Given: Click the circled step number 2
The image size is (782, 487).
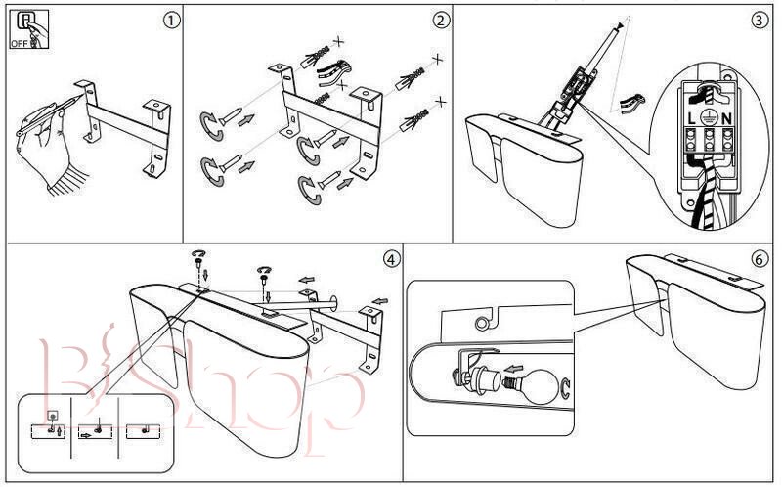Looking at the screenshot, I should (442, 20).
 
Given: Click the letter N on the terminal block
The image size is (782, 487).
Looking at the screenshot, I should (727, 116).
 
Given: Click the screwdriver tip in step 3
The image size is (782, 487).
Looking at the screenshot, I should (617, 29).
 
